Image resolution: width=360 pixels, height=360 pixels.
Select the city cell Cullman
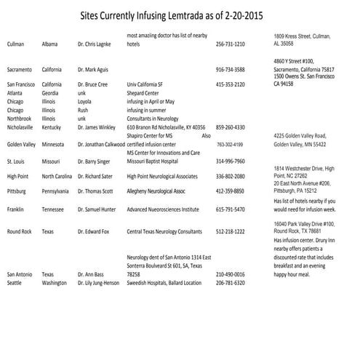pyautogui.click(x=16, y=44)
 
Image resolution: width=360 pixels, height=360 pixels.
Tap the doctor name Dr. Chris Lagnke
pyautogui.click(x=95, y=44)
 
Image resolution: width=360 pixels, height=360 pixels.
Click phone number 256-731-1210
pyautogui.click(x=230, y=44)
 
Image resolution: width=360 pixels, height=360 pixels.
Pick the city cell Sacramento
pyautogui.click(x=21, y=69)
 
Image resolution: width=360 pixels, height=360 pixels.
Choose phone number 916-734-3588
pyautogui.click(x=230, y=69)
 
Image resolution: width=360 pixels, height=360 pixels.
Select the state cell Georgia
pyautogui.click(x=51, y=93)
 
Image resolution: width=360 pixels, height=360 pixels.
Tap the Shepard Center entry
pyautogui.click(x=143, y=93)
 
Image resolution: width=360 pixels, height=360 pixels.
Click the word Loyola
pyautogui.click(x=87, y=102)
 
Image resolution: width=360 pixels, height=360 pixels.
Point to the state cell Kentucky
pyautogui.click(x=53, y=127)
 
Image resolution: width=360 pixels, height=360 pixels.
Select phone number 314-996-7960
pyautogui.click(x=230, y=161)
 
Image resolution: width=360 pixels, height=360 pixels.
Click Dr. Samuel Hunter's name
pyautogui.click(x=97, y=209)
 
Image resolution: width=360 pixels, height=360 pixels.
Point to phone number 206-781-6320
pyautogui.click(x=230, y=283)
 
